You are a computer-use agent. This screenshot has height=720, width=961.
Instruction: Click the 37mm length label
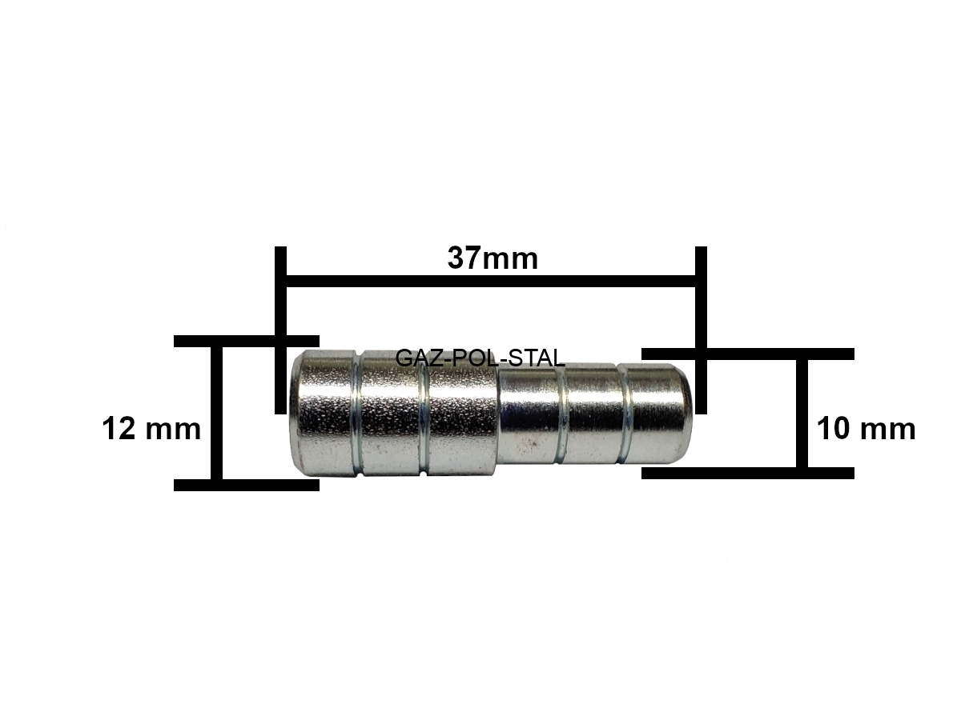point(493,258)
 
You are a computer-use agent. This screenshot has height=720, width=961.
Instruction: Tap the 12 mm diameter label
point(151,429)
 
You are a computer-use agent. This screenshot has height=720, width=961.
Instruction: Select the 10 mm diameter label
point(867,429)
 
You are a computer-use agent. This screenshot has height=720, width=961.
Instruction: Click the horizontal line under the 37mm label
point(491,282)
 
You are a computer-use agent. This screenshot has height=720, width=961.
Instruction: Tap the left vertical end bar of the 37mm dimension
point(280,330)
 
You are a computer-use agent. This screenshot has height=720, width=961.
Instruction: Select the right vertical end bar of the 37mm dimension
point(702,330)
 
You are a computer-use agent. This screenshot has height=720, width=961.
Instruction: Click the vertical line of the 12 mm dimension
point(216,413)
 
